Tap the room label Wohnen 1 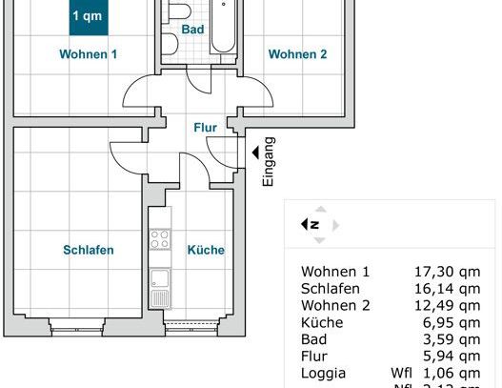point(89,54)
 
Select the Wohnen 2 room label point(297,54)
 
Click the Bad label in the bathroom point(193,30)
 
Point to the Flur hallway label point(205,127)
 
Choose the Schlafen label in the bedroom point(89,251)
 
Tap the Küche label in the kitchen point(206,251)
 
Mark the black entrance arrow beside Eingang point(254,151)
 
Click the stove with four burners point(160,241)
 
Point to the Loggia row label point(322,374)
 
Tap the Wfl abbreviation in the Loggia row point(401,374)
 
